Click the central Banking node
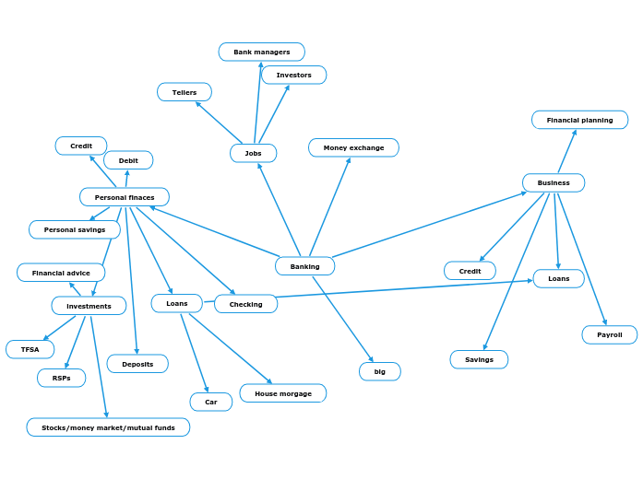(304, 266)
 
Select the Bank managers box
(261, 53)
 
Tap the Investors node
(293, 75)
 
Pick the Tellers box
(184, 92)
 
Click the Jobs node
(253, 153)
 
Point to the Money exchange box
(353, 147)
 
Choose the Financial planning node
(579, 120)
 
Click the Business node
(554, 182)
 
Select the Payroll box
(609, 334)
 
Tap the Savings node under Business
(479, 359)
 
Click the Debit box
(128, 160)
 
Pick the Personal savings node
(75, 229)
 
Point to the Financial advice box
(61, 273)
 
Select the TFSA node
(30, 349)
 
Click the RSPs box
(61, 378)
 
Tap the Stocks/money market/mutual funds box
(108, 427)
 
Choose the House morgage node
(282, 393)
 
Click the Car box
(210, 402)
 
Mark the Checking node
(245, 304)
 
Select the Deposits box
(137, 364)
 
